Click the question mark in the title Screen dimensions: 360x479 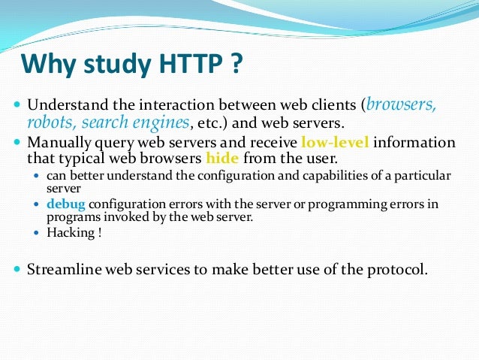[236, 65]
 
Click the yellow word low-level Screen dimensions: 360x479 [335, 142]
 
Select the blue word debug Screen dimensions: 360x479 [65, 204]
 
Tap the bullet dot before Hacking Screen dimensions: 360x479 [39, 234]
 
